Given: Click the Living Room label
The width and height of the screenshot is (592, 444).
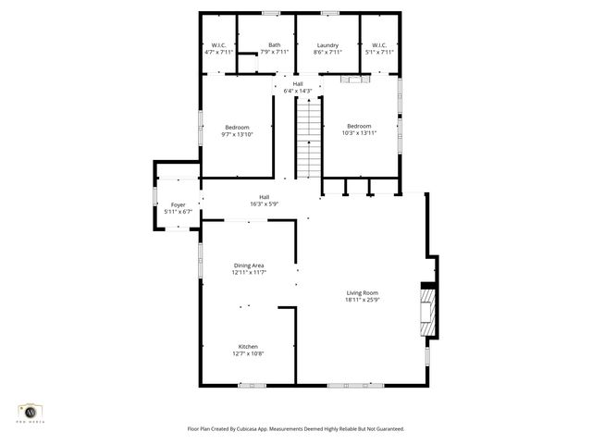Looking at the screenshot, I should click(x=363, y=293).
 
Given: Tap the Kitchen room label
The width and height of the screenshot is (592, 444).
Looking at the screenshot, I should click(x=248, y=347).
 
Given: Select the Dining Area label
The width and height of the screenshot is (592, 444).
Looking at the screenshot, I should click(x=249, y=265).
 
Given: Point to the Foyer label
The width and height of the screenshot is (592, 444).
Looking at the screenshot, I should click(x=178, y=204).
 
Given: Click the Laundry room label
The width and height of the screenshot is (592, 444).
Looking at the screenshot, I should click(x=327, y=45).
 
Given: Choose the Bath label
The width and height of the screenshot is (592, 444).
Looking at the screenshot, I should click(x=275, y=45).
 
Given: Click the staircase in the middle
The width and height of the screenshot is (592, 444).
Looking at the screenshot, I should click(x=308, y=138).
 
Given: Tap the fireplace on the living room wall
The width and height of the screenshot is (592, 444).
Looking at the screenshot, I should click(x=426, y=314).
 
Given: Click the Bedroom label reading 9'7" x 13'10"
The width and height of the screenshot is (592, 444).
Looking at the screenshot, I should click(x=237, y=127).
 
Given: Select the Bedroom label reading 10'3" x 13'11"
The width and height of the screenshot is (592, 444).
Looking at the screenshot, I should click(x=359, y=127).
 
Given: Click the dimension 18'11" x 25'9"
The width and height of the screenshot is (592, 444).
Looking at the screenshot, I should click(x=363, y=300).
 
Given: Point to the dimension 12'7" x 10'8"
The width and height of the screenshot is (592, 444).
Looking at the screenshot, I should click(x=248, y=353).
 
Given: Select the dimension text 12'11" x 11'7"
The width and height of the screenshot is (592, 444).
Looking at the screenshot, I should click(x=249, y=273).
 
